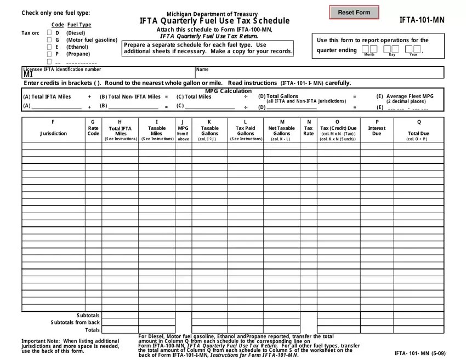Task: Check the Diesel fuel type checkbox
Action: [x=49, y=33]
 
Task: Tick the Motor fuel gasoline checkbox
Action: [x=49, y=40]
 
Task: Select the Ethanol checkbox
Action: [x=49, y=47]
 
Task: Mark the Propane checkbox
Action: [x=49, y=54]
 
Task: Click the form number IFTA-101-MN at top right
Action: [x=422, y=20]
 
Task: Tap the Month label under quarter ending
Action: [x=369, y=55]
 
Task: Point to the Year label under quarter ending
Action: [x=413, y=55]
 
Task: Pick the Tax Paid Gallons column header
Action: [x=245, y=130]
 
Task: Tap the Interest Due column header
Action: [x=377, y=130]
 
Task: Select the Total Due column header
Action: [x=418, y=133]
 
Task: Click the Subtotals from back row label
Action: [x=75, y=323]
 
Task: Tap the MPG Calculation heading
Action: [x=228, y=91]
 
